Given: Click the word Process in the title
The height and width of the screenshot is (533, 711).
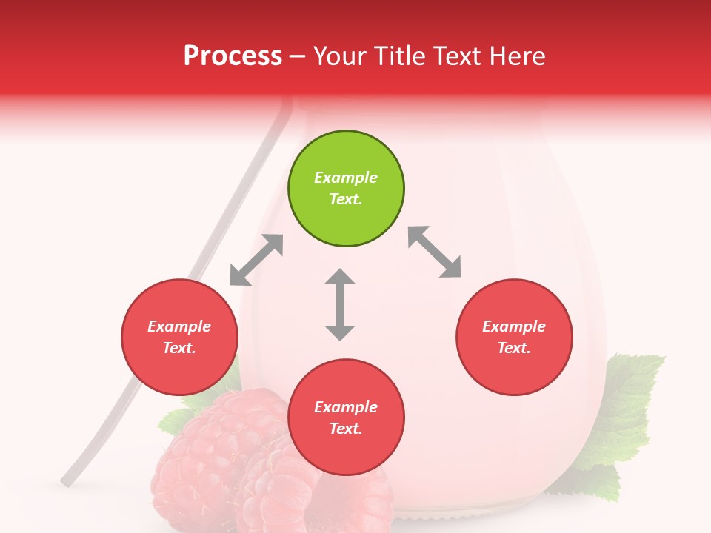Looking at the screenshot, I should [x=233, y=56].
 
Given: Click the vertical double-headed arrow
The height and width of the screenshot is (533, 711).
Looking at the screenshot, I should [x=340, y=305].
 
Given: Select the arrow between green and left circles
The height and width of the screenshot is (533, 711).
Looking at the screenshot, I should [x=256, y=260].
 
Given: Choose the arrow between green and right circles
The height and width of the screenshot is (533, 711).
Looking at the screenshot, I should [x=435, y=252].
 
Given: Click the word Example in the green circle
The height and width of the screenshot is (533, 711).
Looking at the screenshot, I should [x=346, y=178].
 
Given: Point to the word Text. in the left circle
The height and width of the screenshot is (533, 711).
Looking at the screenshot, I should [x=179, y=348].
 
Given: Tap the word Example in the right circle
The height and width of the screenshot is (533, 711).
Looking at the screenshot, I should [x=514, y=326].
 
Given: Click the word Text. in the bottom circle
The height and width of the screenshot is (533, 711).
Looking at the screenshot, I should [x=346, y=429].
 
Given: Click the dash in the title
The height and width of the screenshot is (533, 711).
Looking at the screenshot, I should [x=297, y=56].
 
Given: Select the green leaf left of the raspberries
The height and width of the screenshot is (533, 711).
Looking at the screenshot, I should [x=172, y=422].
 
